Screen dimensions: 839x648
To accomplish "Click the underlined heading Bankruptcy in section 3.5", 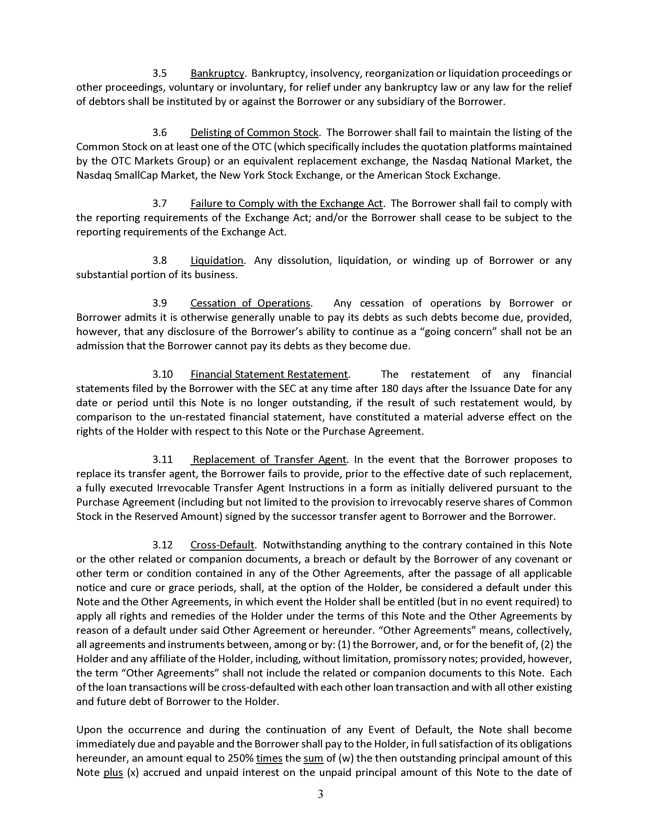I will coord(217,73).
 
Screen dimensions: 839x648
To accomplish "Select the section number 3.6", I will coord(159,132).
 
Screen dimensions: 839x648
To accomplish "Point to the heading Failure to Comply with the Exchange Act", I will coord(287,204).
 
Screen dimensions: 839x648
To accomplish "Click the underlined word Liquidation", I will coord(217,260).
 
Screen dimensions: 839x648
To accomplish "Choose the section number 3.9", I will coord(159,303).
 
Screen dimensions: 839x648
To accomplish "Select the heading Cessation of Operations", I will coord(250,303).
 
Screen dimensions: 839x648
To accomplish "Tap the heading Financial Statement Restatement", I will coord(269,374).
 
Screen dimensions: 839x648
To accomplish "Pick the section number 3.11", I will coord(162,459).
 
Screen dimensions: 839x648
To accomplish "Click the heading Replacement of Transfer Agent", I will coord(269,459).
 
